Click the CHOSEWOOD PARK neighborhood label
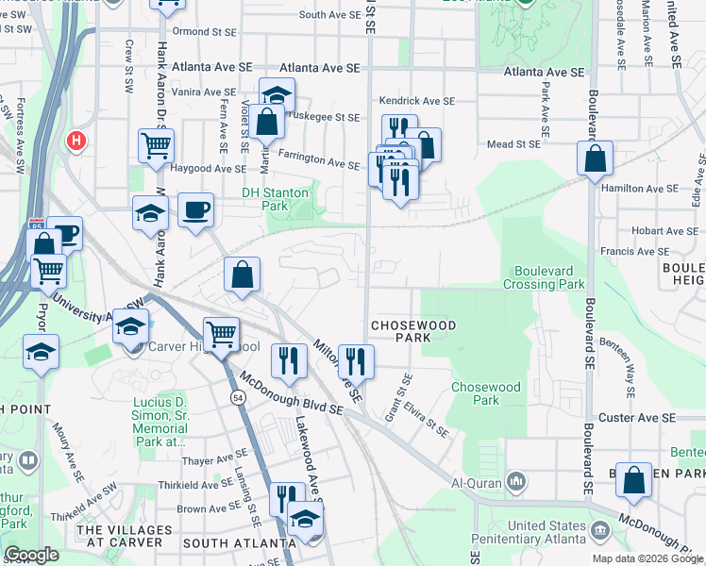pos(413,331)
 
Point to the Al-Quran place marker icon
pos(515,482)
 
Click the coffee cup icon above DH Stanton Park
pos(196,210)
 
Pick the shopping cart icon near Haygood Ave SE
pos(156,146)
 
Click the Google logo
pos(31,555)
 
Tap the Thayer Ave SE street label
pos(214,461)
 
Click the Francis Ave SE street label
pos(635,252)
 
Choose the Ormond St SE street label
pos(203,32)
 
